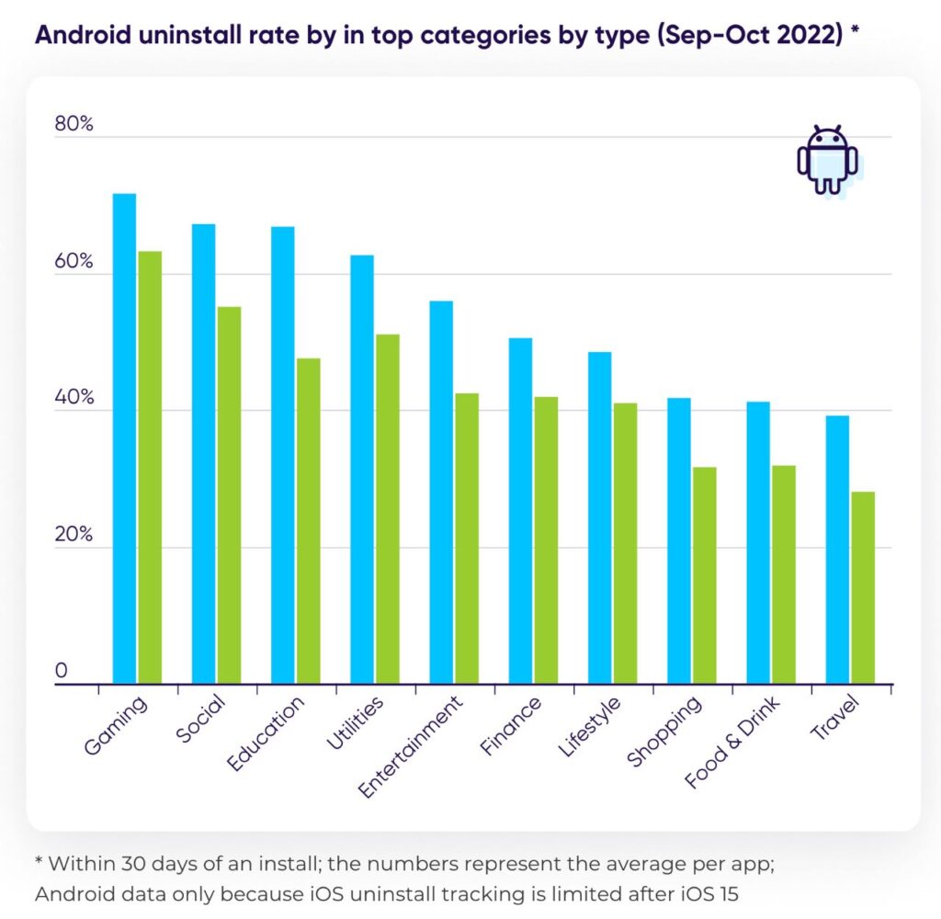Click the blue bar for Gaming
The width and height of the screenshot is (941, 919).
click(x=124, y=438)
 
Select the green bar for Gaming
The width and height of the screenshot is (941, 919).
click(x=150, y=467)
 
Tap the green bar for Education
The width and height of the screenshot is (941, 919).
click(x=309, y=520)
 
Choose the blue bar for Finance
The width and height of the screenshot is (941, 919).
click(x=521, y=510)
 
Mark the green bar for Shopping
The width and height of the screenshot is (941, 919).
click(x=705, y=575)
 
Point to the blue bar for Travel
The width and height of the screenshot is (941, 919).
click(x=837, y=550)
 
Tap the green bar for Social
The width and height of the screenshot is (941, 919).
click(x=229, y=495)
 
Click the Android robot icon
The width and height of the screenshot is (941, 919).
click(x=827, y=160)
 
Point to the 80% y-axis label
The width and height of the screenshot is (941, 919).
click(x=74, y=125)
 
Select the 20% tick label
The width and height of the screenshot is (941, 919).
click(x=74, y=535)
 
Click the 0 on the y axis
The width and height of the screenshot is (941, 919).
click(x=62, y=672)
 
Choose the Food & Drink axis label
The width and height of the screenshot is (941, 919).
click(x=732, y=743)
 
